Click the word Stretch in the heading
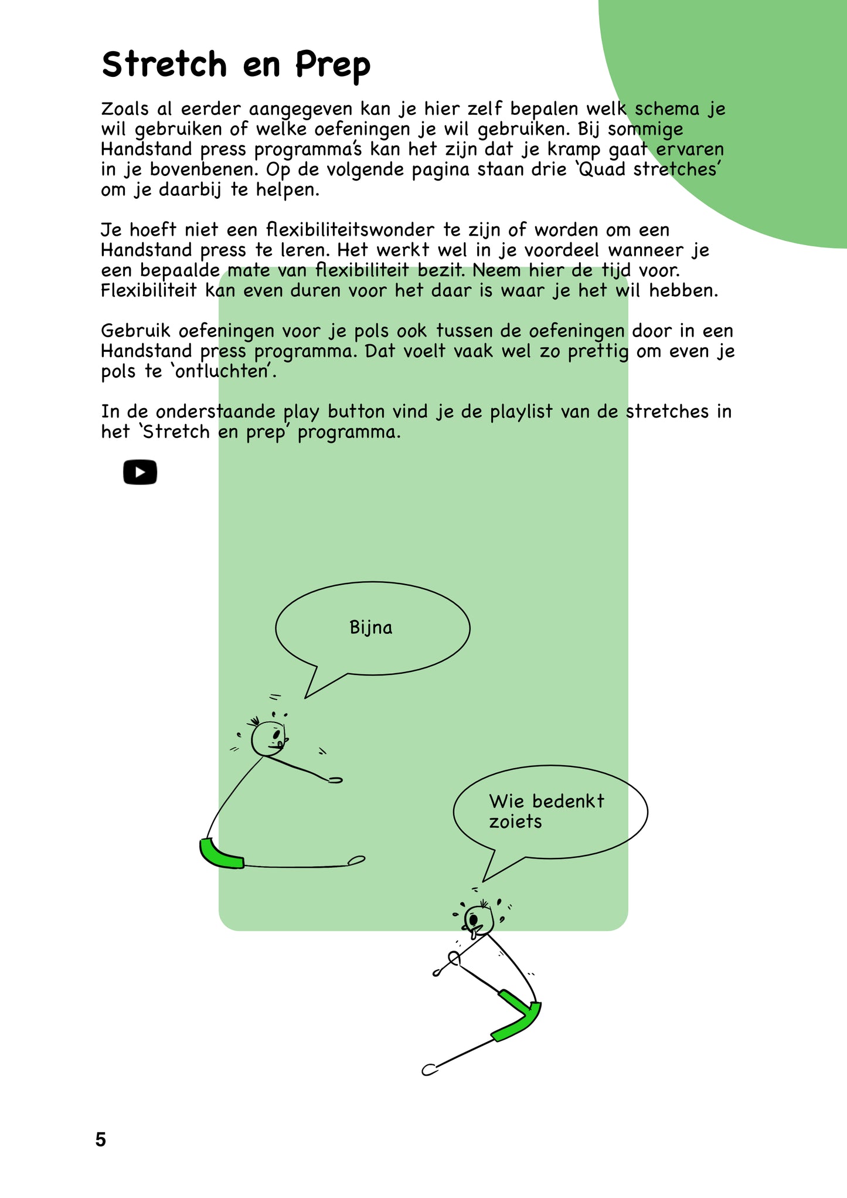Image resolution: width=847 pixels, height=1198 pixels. point(164,64)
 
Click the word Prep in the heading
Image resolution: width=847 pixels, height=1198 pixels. point(332,65)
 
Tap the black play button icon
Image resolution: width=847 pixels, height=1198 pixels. point(140,472)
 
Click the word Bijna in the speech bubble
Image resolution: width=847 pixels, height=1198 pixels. point(370,627)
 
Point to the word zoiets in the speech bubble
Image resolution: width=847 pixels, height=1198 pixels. point(515,822)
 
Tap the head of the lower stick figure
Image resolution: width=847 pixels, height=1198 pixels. point(478,919)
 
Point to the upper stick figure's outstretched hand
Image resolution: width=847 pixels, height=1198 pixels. point(335,780)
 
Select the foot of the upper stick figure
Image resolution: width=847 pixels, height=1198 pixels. point(356,860)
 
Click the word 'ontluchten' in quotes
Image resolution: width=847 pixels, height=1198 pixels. point(226,371)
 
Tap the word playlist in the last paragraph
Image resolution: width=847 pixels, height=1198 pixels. point(521,412)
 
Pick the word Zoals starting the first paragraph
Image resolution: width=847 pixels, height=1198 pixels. point(125,109)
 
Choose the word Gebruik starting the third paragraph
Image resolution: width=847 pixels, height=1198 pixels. point(135,331)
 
